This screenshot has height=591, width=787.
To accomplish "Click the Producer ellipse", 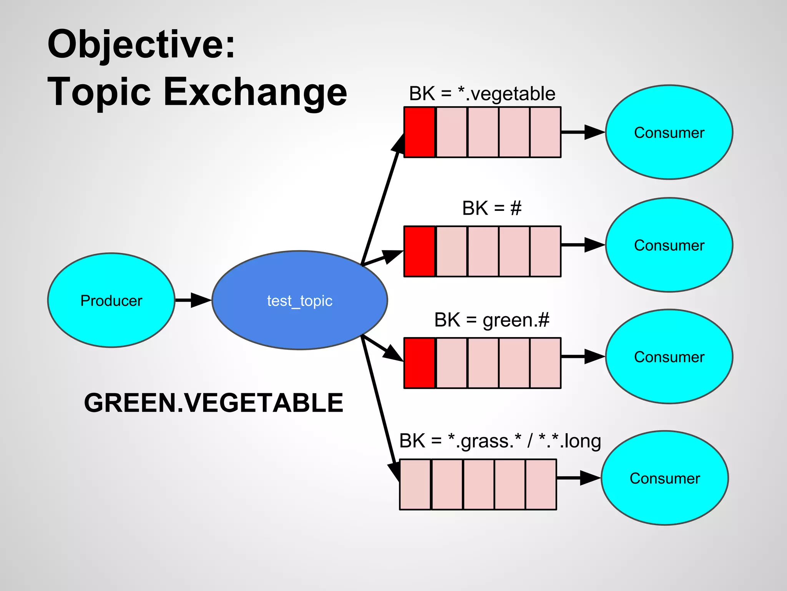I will click(111, 300).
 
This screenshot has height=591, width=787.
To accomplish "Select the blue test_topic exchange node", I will click(299, 300).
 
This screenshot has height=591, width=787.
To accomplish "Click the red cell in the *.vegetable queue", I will click(420, 132).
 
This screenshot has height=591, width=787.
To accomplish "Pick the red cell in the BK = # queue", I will click(420, 251).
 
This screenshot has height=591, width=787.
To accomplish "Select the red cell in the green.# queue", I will click(420, 363).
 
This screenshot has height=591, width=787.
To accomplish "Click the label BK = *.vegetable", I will click(482, 93).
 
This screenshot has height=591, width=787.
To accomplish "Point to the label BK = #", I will click(491, 208).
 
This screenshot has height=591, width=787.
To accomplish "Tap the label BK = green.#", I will click(491, 320).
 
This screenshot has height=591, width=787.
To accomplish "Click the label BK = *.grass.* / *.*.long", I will click(500, 441).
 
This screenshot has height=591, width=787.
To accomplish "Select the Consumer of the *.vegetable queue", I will click(669, 132).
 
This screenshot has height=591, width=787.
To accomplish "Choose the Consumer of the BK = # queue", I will click(669, 245).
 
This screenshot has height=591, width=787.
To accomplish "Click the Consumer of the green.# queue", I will click(669, 357).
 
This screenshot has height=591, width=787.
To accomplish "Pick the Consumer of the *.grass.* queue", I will click(664, 478).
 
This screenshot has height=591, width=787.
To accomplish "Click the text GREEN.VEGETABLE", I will click(213, 403).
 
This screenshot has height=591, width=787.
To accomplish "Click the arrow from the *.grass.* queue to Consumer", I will click(578, 478).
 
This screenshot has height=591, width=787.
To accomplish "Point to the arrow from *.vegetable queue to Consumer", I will click(583, 132).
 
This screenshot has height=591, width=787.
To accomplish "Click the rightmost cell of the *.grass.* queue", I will click(541, 484).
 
